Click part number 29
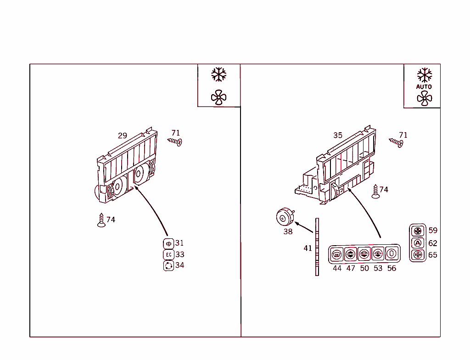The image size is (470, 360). click(x=122, y=135)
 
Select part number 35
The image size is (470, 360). click(x=338, y=135)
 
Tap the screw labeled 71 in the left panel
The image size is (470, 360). click(x=175, y=141)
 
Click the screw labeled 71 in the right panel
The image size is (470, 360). click(x=397, y=142)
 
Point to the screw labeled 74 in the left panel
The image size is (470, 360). click(x=101, y=220)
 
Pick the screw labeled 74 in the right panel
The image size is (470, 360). click(x=376, y=191)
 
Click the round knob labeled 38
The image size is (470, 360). click(x=285, y=217)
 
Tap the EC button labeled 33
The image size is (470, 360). click(x=168, y=254)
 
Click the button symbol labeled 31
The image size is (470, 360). click(x=168, y=243)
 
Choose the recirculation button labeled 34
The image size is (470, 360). click(x=168, y=265)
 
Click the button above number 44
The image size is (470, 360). click(x=337, y=253)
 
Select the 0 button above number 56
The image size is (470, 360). click(x=392, y=253)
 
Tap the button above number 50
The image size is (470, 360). click(x=364, y=253)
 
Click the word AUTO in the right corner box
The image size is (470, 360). click(x=424, y=86)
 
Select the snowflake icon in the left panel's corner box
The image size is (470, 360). click(x=219, y=74)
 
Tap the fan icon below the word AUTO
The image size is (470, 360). click(x=424, y=98)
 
